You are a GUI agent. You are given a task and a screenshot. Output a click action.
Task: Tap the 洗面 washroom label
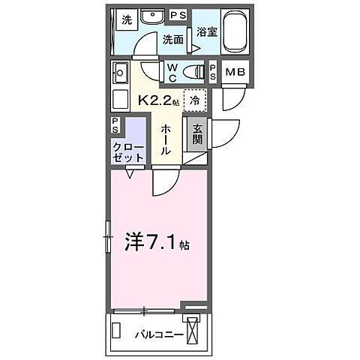[173, 39]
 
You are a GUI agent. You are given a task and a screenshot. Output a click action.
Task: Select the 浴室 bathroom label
[206, 33]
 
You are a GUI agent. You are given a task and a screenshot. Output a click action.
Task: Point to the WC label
[172, 72]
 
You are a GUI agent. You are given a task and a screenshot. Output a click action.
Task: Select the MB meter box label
[235, 73]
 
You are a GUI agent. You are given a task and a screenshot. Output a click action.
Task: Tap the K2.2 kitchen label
[157, 97]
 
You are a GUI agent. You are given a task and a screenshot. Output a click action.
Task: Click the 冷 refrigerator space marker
[194, 98]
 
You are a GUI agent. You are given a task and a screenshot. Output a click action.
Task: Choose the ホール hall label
[167, 138]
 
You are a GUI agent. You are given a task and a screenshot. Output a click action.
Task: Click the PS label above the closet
[116, 123]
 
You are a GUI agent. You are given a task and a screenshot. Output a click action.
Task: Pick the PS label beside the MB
[214, 73]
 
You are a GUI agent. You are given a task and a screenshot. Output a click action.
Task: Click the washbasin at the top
[154, 16]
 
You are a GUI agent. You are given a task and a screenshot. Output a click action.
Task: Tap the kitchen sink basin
[121, 73]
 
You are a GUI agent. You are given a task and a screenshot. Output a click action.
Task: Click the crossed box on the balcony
[194, 331]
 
